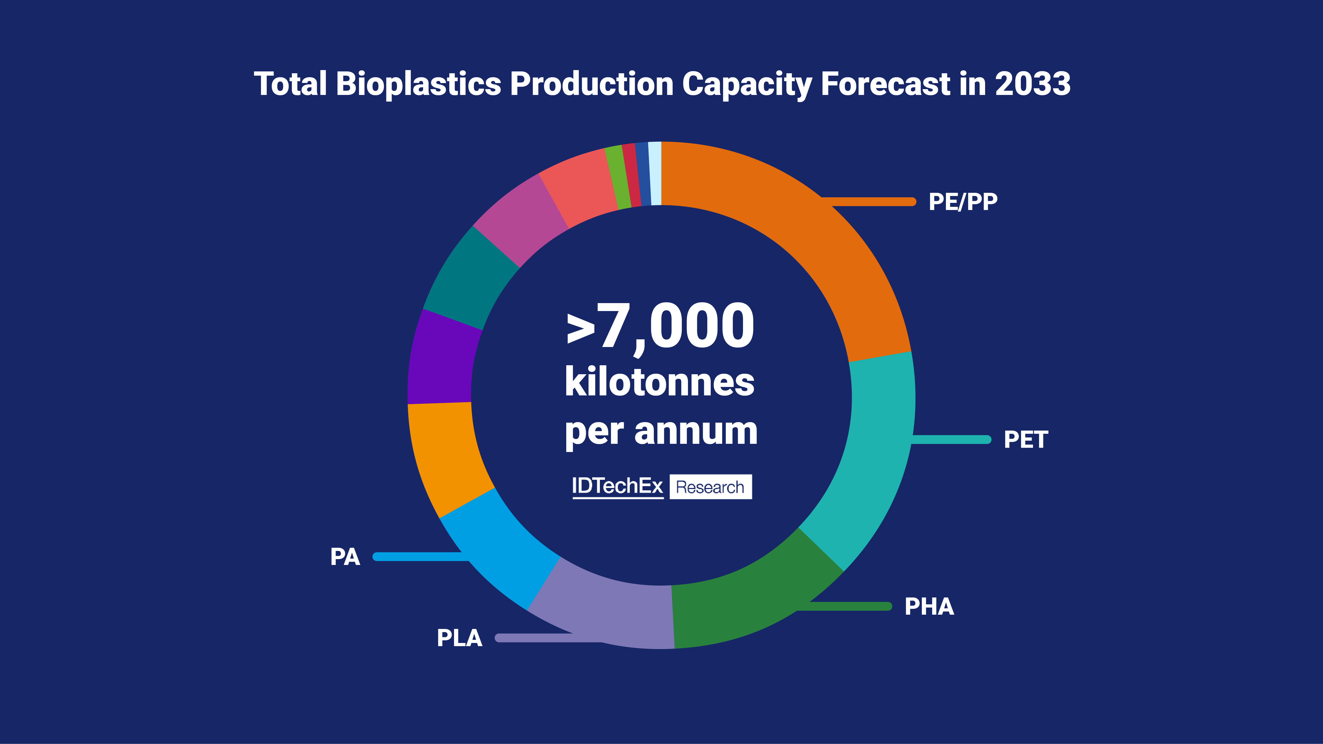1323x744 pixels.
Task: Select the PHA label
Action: pyautogui.click(x=929, y=606)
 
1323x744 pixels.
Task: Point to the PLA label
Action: pyautogui.click(x=459, y=638)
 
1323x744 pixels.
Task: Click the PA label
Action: pyautogui.click(x=345, y=556)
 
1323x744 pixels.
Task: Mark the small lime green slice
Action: pyautogui.click(x=618, y=177)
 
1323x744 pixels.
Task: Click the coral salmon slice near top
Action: pyautogui.click(x=580, y=188)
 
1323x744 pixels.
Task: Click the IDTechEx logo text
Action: pyautogui.click(x=617, y=486)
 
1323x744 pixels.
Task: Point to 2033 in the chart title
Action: pyautogui.click(x=1032, y=84)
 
